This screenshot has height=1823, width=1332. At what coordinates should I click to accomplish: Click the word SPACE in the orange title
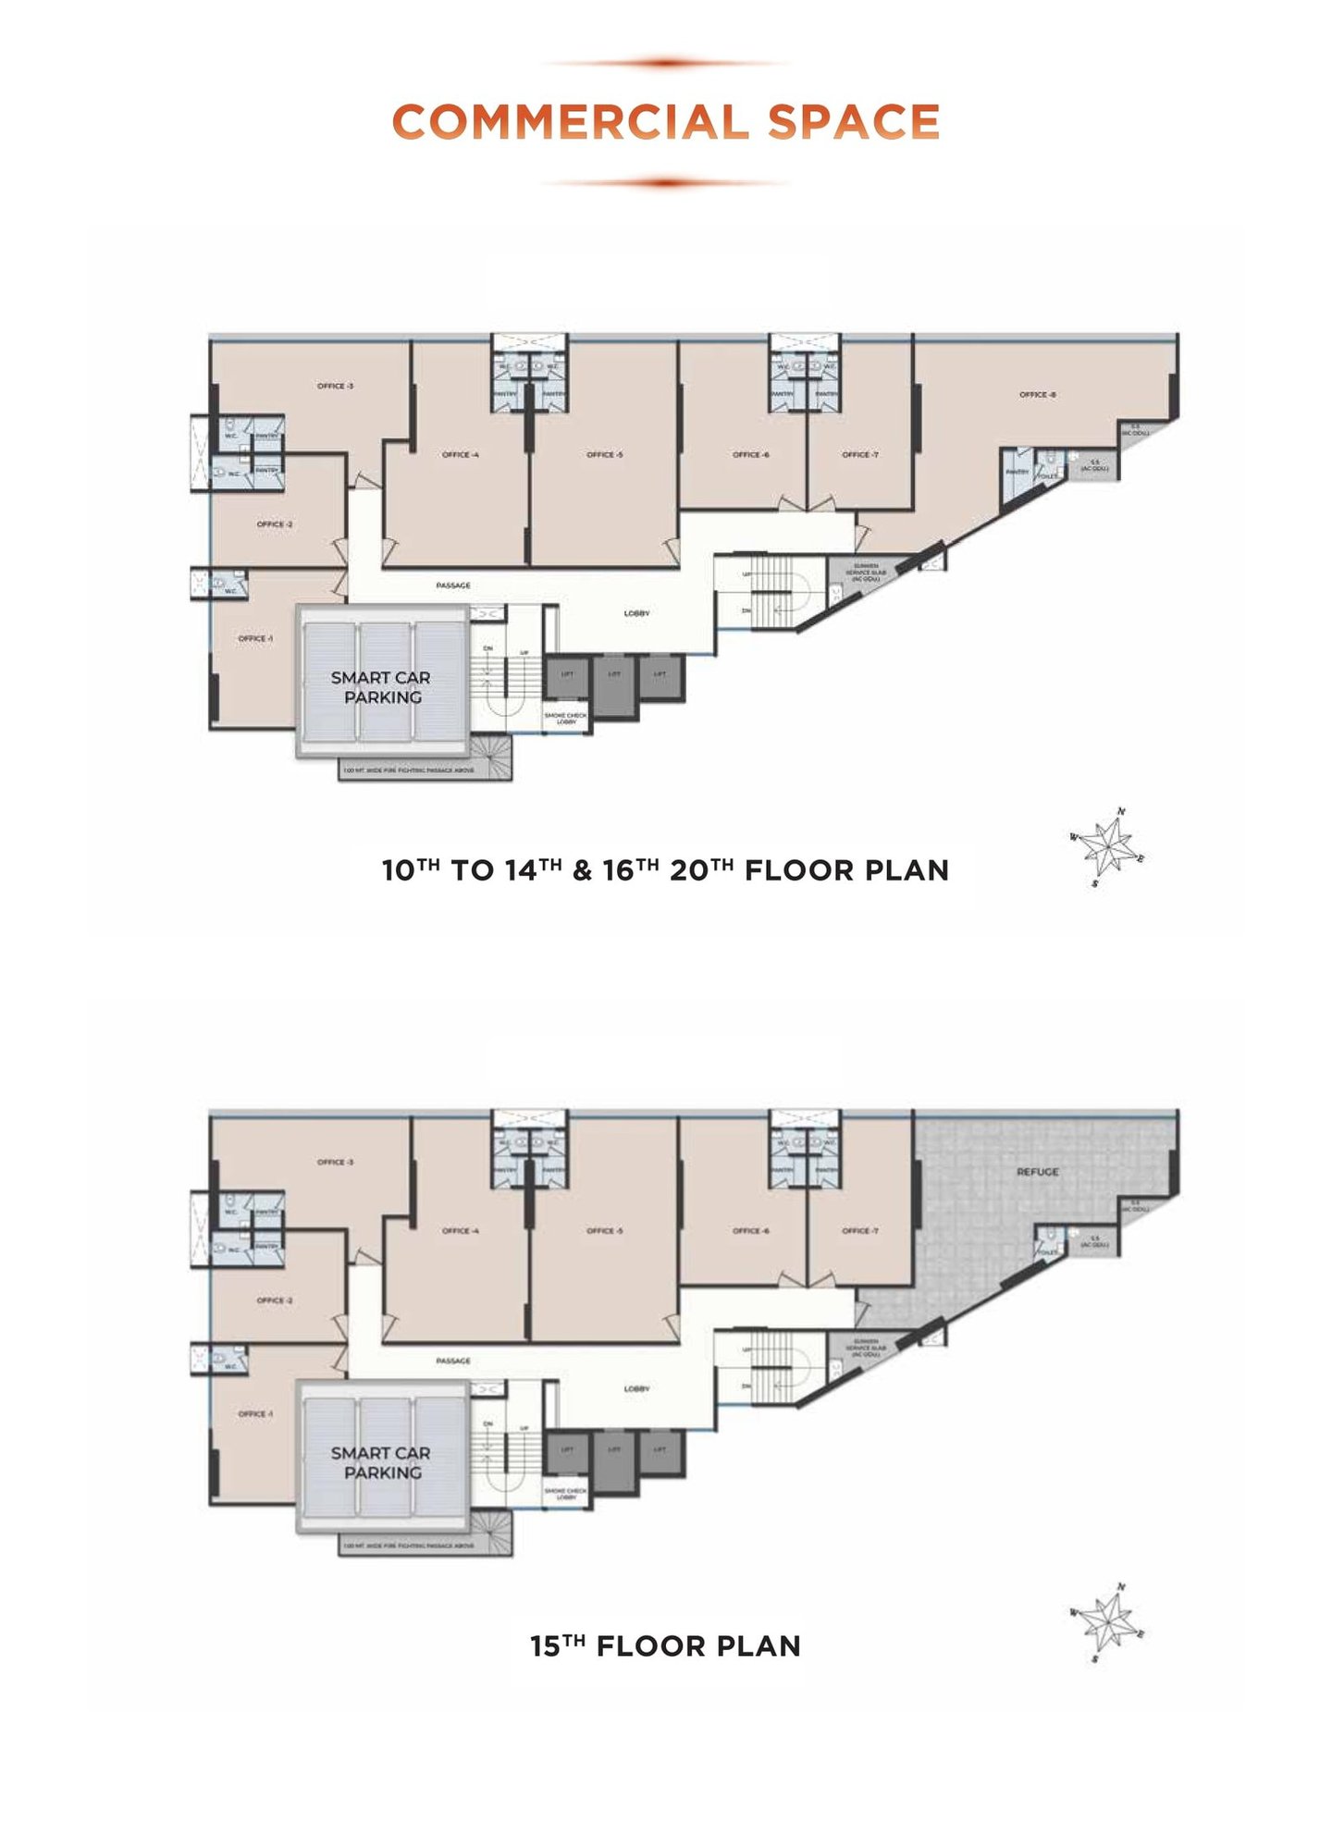pos(853,123)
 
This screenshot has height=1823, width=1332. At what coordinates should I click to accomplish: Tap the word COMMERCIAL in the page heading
pos(569,123)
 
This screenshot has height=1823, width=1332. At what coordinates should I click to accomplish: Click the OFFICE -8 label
pos(1037,395)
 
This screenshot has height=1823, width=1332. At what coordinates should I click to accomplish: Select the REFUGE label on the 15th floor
pos(1037,1172)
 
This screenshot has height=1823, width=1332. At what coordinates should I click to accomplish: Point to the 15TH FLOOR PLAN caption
pos(665,1646)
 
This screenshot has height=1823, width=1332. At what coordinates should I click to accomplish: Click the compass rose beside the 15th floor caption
pos(1107,1623)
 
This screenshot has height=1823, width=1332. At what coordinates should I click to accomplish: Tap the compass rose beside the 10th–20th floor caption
pos(1107,846)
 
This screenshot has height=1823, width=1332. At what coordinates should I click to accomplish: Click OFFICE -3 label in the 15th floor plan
pos(335,1163)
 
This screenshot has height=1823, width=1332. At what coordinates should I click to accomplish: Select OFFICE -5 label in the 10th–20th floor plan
pos(604,455)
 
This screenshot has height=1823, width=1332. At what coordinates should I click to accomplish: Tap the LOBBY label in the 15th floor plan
pos(636,1389)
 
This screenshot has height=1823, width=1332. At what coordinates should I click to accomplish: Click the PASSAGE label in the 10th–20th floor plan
pos(453,585)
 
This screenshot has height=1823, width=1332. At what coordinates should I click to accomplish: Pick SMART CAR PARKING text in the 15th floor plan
pos(381,1462)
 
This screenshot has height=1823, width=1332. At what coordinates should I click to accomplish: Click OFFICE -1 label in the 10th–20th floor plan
pos(255,639)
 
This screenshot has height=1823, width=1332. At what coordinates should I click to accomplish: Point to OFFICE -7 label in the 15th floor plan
pos(860,1231)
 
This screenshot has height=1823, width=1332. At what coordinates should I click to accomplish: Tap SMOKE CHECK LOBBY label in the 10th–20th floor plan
pos(565,718)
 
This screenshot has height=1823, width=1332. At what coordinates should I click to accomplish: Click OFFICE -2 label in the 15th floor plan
pos(275,1300)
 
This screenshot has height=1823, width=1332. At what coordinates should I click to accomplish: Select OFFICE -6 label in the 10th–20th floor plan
pos(750,455)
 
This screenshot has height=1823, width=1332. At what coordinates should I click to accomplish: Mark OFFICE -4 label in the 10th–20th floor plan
pos(460,455)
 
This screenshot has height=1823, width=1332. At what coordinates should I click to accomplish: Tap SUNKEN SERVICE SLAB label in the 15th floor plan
pos(866,1347)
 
